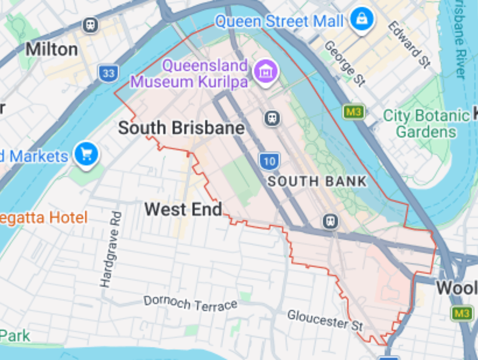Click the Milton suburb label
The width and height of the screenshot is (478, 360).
point(52,49)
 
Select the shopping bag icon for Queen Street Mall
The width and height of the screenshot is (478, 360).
point(362,19)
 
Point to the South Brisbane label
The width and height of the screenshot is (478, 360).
point(181,128)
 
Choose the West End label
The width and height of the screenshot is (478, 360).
point(184,209)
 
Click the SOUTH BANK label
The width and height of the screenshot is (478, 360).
point(317,181)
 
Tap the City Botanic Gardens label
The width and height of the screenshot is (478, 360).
point(426,124)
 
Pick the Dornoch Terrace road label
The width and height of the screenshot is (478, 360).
point(190,303)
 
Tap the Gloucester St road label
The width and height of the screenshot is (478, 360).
point(325,320)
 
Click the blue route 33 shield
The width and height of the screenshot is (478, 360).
point(108,74)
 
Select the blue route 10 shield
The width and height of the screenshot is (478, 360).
point(269,161)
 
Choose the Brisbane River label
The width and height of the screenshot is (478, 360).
point(460,39)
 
